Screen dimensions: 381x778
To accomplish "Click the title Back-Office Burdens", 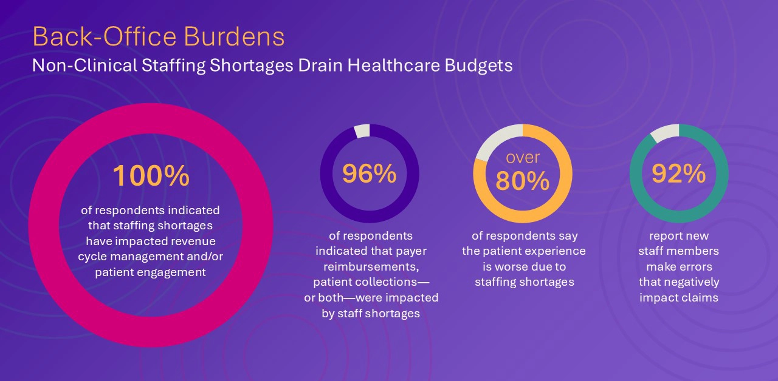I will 158,37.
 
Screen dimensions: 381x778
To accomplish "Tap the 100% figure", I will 151,176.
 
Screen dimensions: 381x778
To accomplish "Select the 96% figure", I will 369,174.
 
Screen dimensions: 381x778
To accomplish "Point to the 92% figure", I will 678,174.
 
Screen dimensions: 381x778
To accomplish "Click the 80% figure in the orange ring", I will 523,181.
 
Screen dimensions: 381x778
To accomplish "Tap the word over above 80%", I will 523,158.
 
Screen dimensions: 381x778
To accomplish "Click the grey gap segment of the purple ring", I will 362,130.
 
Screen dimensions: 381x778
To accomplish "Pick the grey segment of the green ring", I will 664,132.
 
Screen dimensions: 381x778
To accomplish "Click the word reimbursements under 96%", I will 371,267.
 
